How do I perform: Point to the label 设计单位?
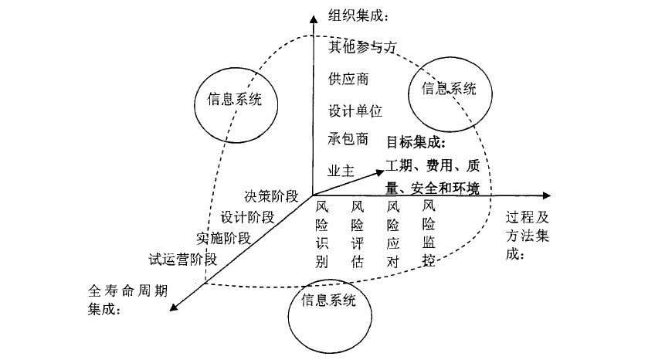click(355, 110)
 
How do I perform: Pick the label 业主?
click(340, 170)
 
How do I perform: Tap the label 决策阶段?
click(271, 196)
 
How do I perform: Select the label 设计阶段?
click(247, 216)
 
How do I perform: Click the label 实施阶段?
click(223, 237)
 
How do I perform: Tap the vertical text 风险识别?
click(322, 234)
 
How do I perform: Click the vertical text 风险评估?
click(358, 234)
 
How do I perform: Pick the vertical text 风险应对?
click(393, 234)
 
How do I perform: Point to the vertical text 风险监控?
click(429, 234)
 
